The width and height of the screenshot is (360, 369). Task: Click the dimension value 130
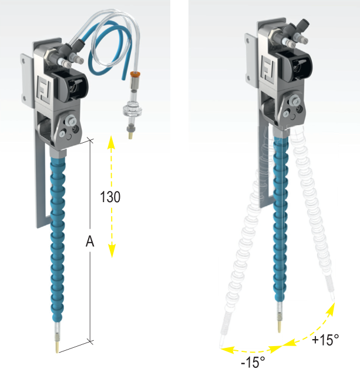[x=110, y=197]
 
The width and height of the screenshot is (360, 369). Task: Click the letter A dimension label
[x=89, y=241]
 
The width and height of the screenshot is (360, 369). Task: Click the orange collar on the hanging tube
[x=134, y=76]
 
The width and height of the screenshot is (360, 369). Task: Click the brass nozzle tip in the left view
[x=57, y=348]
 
